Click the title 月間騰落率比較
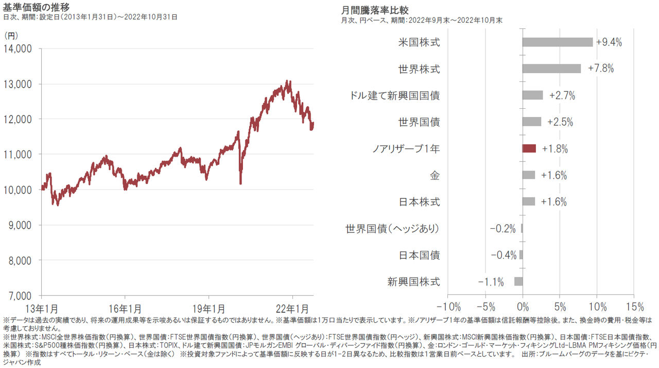pos(375,10)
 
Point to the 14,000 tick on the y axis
pos(18,49)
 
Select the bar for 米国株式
pos(558,42)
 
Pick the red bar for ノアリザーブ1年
pos(529,148)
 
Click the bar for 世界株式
pos(551,69)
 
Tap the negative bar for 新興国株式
pos(518,281)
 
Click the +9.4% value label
pos(609,42)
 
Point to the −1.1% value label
pos(491,282)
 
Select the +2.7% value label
pos(562,95)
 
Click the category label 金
pos(435,175)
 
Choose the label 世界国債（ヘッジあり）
pos(393,228)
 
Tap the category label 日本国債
pos(420,255)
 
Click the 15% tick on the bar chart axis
pos(634,308)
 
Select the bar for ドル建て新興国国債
pos(532,95)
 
